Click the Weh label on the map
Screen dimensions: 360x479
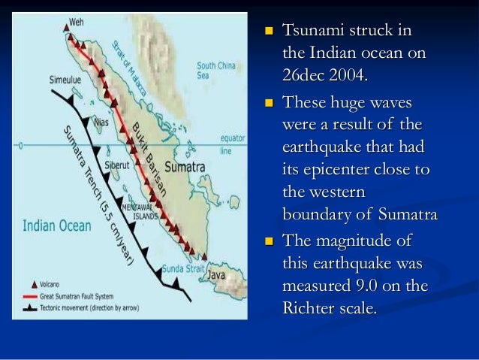point(77,22)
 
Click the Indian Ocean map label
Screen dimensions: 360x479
point(56,225)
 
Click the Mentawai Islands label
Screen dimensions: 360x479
point(140,213)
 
